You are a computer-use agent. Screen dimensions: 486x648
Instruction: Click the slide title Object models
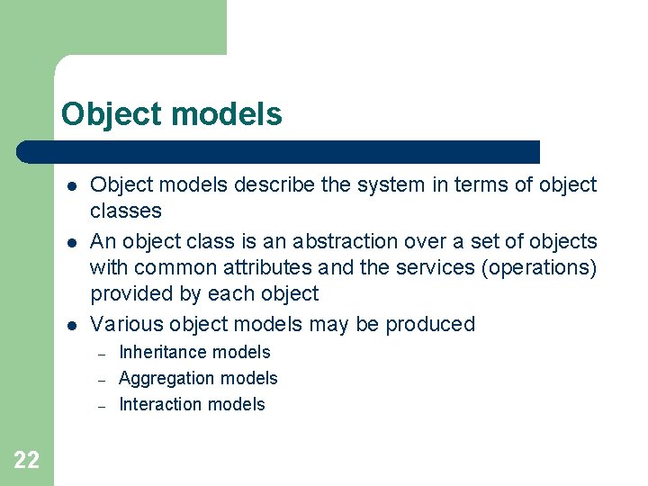[171, 114]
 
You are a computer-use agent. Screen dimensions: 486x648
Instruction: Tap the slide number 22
[27, 461]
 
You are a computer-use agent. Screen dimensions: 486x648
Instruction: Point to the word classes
[125, 211]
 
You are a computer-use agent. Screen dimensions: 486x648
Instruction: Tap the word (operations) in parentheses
[544, 267]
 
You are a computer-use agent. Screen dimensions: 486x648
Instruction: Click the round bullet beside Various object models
[69, 325]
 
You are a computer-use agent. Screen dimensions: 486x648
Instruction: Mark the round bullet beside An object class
[69, 242]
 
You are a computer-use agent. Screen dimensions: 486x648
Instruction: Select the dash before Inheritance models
[102, 354]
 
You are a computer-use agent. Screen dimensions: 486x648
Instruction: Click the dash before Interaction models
[102, 406]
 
